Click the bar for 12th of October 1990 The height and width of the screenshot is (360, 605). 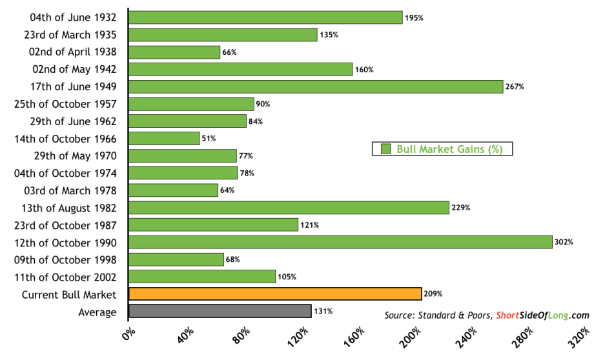click(340, 242)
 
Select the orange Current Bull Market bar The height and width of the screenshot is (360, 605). click(275, 294)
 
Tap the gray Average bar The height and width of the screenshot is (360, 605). click(220, 312)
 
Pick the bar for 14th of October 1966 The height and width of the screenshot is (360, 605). click(164, 138)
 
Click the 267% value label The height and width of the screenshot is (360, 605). click(515, 86)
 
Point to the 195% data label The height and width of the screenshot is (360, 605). click(414, 17)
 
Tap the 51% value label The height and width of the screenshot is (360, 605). click(209, 139)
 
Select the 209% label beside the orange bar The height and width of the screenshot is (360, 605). click(433, 294)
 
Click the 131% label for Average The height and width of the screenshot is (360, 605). click(323, 312)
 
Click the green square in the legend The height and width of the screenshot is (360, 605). click(386, 149)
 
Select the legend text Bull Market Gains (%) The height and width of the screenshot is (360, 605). click(449, 149)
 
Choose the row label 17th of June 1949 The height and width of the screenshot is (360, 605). click(74, 86)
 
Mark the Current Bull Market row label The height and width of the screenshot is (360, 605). click(69, 294)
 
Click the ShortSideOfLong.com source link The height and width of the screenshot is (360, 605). click(543, 315)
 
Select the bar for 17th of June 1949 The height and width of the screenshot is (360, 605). click(316, 86)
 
